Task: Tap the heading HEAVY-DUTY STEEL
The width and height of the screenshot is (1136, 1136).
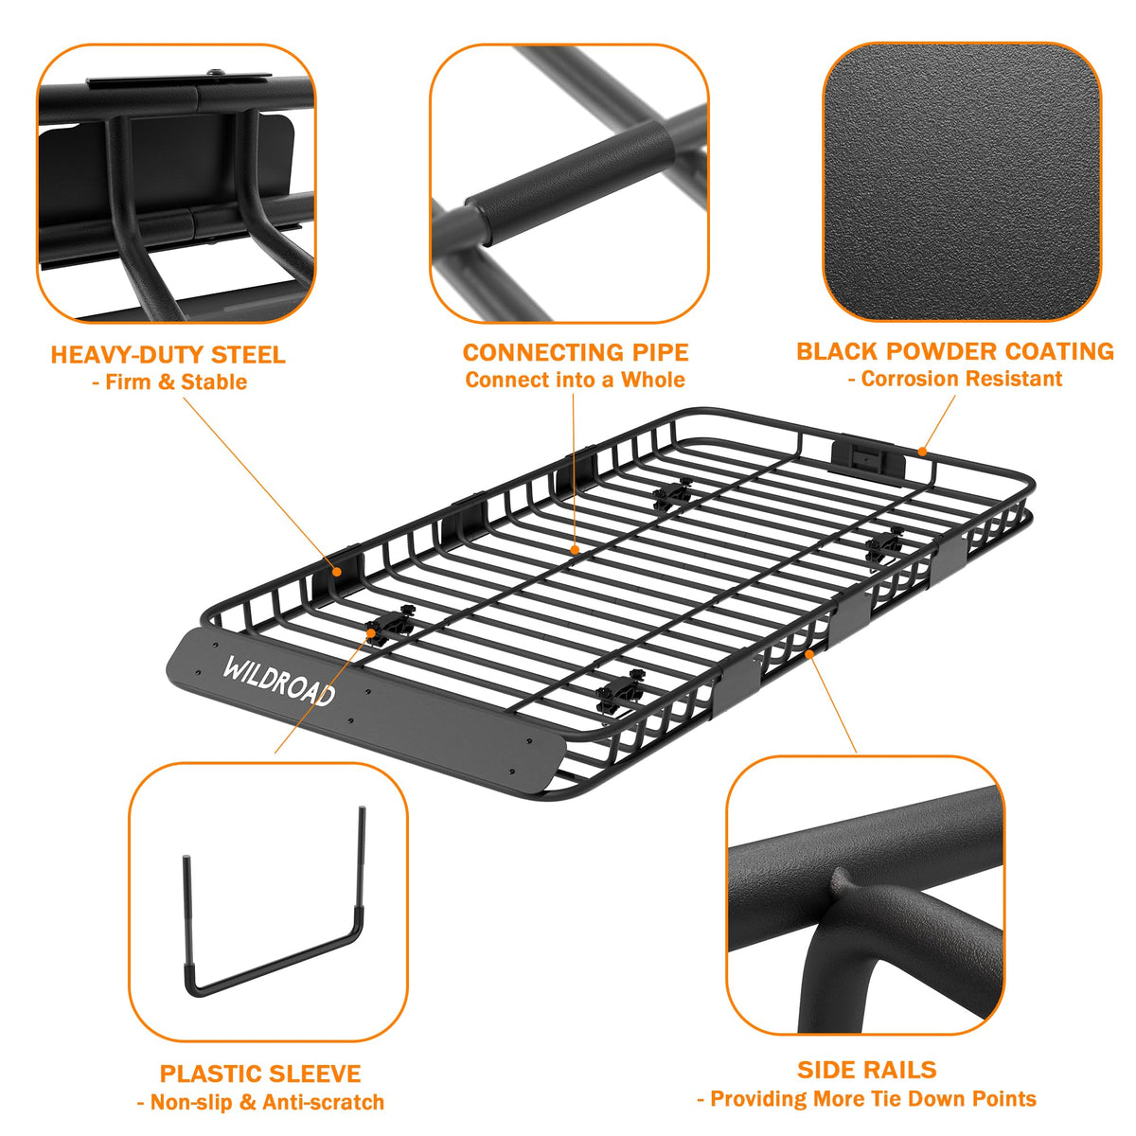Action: (169, 355)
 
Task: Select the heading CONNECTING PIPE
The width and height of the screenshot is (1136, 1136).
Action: (576, 352)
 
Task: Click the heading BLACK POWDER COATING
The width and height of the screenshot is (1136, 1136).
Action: (955, 351)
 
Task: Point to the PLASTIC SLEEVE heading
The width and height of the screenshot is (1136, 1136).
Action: (260, 1074)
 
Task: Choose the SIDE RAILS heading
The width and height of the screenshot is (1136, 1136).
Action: (866, 1070)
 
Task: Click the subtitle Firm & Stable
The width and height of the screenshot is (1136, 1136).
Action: (169, 382)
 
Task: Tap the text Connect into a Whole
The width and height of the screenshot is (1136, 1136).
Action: (576, 380)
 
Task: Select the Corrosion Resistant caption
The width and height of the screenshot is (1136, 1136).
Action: (955, 379)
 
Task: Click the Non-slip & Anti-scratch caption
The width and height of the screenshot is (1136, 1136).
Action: (260, 1102)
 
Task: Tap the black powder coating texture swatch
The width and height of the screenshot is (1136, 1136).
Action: (962, 182)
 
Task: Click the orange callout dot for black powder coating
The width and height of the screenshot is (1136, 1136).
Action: (922, 453)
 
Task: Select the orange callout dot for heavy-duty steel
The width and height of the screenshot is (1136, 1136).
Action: (337, 571)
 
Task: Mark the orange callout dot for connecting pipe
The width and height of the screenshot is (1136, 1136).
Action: (575, 549)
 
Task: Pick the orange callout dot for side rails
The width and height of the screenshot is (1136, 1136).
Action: (810, 653)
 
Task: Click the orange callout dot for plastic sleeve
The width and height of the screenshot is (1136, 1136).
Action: (371, 632)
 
